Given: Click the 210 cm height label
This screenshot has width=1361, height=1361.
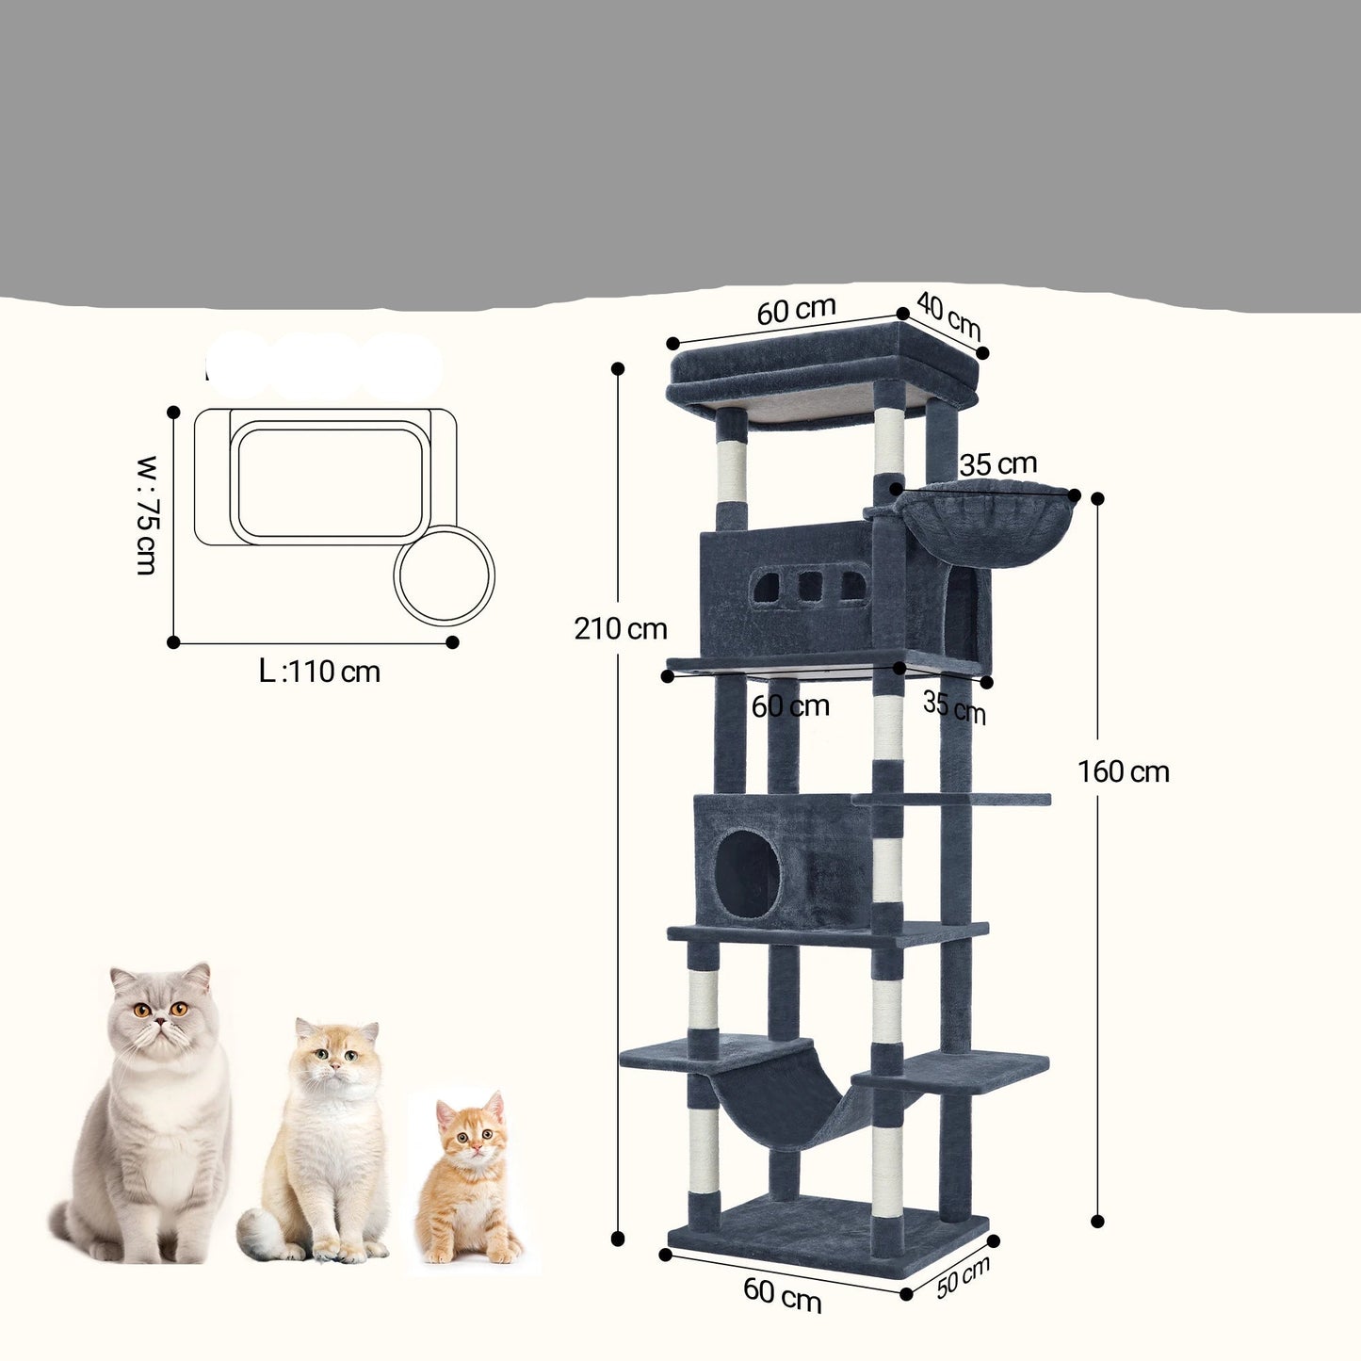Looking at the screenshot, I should click(x=621, y=628).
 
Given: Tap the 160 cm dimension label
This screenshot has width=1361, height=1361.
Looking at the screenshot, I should click(x=1123, y=771).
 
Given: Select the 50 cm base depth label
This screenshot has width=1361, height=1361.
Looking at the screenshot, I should click(x=964, y=1277).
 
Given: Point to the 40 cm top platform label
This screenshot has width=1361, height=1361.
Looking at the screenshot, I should click(x=948, y=317).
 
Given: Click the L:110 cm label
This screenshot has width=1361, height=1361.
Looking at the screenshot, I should click(x=319, y=672).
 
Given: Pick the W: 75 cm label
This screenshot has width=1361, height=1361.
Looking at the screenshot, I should click(x=147, y=515).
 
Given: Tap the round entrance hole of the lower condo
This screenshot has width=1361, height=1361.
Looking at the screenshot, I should click(x=748, y=876).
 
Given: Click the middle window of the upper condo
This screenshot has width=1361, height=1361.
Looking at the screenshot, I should click(x=810, y=587).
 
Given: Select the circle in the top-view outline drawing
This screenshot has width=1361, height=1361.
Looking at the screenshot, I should click(x=444, y=575).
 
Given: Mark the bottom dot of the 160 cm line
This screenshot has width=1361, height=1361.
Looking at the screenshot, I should click(x=1097, y=1222).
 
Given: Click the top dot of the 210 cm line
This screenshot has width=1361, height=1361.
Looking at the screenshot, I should click(x=618, y=368).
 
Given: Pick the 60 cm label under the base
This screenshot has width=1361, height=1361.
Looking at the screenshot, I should click(x=782, y=1294).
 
